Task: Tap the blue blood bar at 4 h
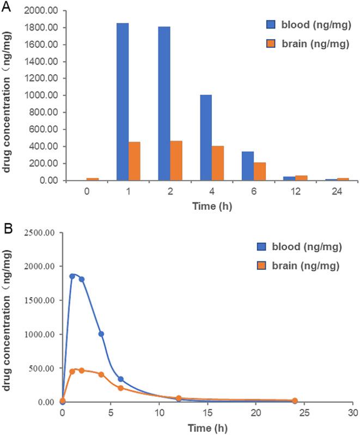coord(206,137)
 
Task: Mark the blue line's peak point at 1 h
coord(72,276)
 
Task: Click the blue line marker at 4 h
coord(101,334)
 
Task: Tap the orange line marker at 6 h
coord(120,388)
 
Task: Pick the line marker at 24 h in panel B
coord(295,401)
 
